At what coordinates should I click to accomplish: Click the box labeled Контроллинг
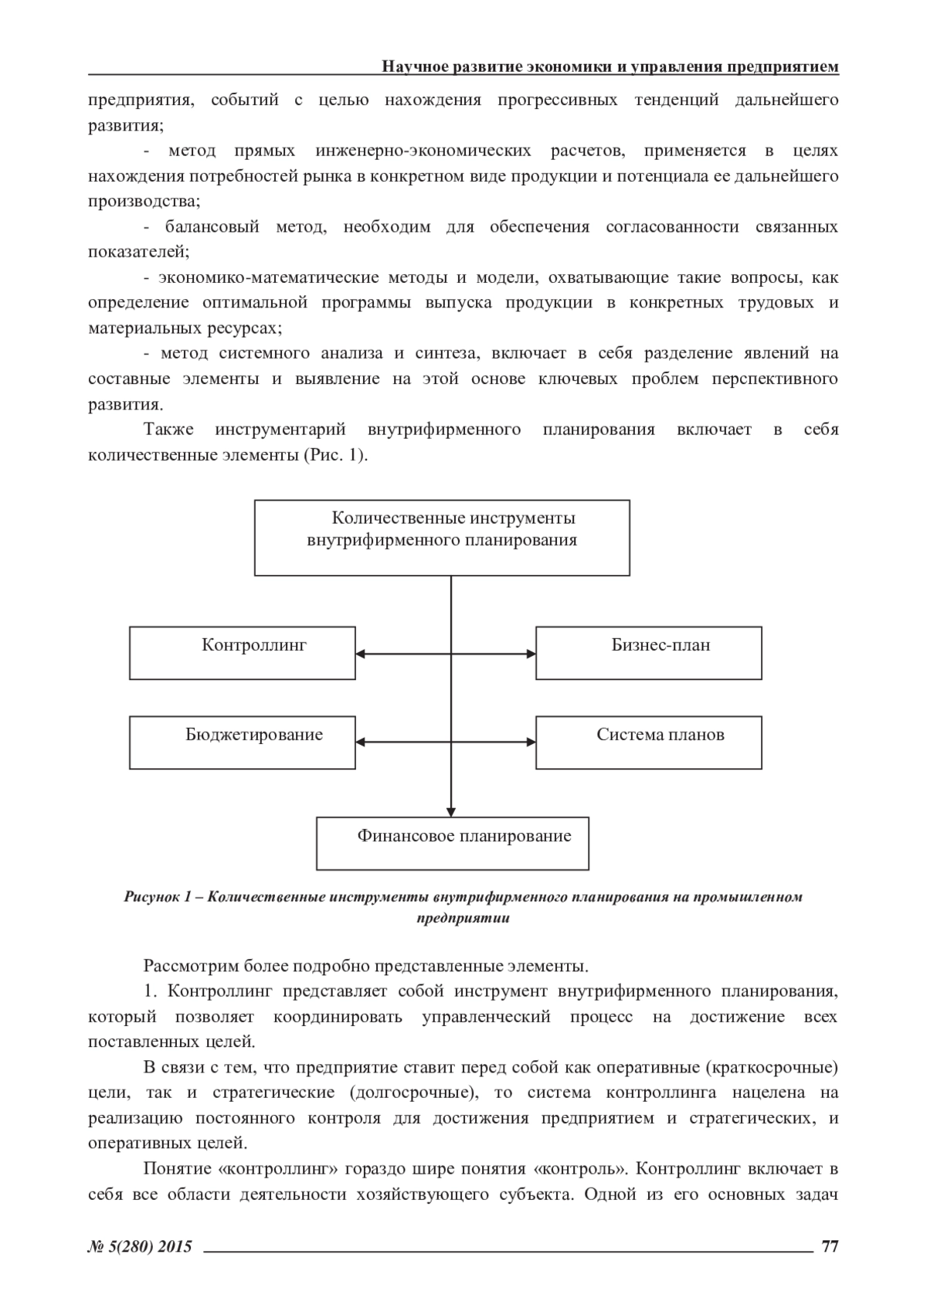pyautogui.click(x=242, y=653)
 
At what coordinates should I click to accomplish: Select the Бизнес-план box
pyautogui.click(x=648, y=653)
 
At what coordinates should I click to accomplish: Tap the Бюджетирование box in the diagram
pyautogui.click(x=242, y=743)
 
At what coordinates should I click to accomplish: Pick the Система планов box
pyautogui.click(x=648, y=743)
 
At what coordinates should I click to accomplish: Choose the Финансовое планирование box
pyautogui.click(x=452, y=843)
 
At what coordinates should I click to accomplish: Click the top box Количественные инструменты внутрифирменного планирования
pyautogui.click(x=442, y=538)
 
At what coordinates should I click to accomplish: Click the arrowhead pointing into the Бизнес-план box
pyautogui.click(x=531, y=654)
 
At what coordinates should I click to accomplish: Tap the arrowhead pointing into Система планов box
pyautogui.click(x=531, y=743)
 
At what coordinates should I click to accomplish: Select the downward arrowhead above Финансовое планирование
pyautogui.click(x=451, y=811)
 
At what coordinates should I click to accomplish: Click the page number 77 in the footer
pyautogui.click(x=830, y=1246)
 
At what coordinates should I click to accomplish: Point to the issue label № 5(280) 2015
pyautogui.click(x=140, y=1246)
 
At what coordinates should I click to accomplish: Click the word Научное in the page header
pyautogui.click(x=415, y=67)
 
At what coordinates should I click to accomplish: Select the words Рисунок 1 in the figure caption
pyautogui.click(x=157, y=897)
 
